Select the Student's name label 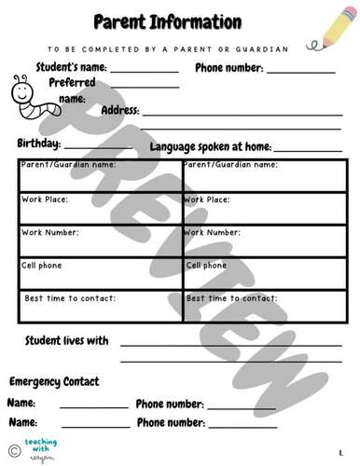(x=71, y=68)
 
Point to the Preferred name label (x=72, y=89)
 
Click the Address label (x=119, y=110)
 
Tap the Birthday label (x=38, y=144)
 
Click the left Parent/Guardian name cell (x=100, y=176)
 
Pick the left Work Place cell (x=100, y=209)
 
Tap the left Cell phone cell (x=100, y=274)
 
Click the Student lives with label (x=66, y=340)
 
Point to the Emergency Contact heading (x=54, y=381)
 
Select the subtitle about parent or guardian (x=181, y=48)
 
